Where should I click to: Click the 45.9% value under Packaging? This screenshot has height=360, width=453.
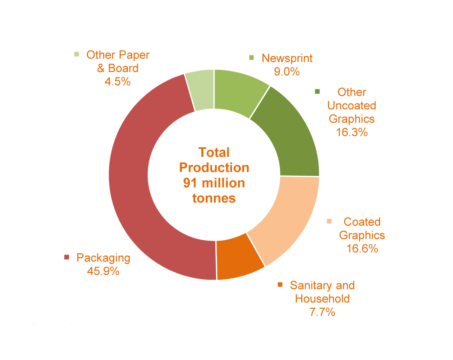[103, 271]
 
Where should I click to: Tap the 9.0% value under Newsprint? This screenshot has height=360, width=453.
[287, 71]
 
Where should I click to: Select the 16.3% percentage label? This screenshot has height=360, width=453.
[352, 132]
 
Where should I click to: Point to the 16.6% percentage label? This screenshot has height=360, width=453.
[362, 249]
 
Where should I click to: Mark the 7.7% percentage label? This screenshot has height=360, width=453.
[322, 312]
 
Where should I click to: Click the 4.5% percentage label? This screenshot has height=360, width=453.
[118, 81]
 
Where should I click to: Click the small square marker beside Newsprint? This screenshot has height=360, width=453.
[251, 58]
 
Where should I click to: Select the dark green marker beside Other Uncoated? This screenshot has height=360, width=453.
[318, 92]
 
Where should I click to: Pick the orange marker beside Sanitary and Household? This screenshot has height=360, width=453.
[280, 285]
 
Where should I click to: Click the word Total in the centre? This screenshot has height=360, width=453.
[214, 152]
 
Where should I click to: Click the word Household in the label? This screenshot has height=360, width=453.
[322, 299]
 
